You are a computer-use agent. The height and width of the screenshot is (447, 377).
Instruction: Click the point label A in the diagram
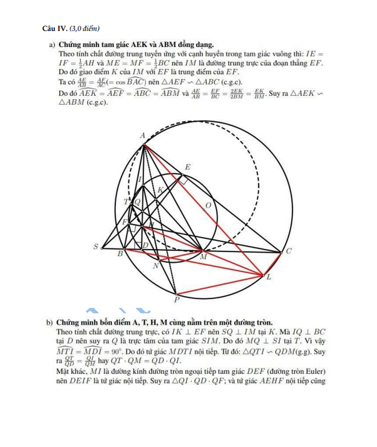[x=143, y=135]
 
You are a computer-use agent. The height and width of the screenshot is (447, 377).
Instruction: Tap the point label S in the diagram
[x=96, y=247]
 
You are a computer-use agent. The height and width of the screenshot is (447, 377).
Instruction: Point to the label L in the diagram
[x=269, y=277]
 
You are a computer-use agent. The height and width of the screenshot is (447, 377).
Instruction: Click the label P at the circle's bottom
[x=177, y=300]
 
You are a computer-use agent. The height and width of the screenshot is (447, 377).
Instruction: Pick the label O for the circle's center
[x=208, y=205]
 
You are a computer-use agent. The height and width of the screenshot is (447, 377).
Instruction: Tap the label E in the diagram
[x=187, y=168]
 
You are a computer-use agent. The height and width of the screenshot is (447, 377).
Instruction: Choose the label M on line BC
[x=203, y=258]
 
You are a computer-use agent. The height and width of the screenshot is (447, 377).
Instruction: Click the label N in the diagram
[x=156, y=266]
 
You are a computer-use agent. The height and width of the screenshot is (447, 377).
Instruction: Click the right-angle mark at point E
[x=183, y=182]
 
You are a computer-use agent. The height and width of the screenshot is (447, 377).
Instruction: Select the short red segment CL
[x=272, y=264]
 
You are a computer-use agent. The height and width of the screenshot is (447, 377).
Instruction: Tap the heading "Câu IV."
[x=55, y=29]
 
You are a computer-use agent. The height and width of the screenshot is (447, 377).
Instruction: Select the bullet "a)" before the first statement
[x=52, y=45]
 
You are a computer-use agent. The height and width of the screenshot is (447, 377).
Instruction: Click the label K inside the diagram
[x=160, y=190]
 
